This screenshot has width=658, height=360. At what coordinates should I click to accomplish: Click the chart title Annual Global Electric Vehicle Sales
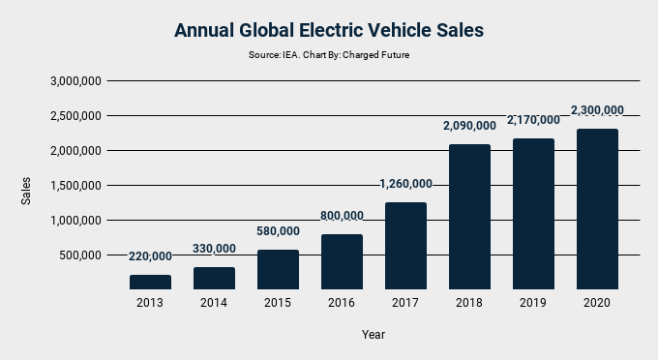(x=328, y=30)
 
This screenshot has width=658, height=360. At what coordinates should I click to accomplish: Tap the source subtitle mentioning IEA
(x=328, y=55)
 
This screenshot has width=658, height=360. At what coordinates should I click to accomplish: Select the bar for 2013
(x=150, y=282)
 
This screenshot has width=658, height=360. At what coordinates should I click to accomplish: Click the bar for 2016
(x=342, y=261)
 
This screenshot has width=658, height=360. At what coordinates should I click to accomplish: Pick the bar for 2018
(x=469, y=217)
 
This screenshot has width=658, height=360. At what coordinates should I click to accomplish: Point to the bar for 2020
(x=597, y=209)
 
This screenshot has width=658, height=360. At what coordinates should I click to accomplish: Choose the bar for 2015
(x=278, y=269)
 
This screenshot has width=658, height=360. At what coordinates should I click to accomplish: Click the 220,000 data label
(x=150, y=256)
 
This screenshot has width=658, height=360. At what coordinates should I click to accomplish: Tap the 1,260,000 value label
(x=405, y=184)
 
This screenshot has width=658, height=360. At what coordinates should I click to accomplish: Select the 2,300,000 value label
(x=597, y=110)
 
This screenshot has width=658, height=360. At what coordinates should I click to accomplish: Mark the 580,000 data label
(x=278, y=231)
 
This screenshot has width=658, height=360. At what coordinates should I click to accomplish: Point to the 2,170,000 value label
(x=533, y=120)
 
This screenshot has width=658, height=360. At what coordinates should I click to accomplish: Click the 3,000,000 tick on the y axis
(x=75, y=81)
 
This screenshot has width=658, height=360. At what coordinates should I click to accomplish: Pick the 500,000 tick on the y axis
(x=81, y=255)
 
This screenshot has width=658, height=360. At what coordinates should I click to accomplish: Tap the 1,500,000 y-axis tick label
(x=75, y=186)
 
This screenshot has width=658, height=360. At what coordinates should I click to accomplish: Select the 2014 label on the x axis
(x=214, y=303)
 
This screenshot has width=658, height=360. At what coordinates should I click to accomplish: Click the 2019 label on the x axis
(x=533, y=303)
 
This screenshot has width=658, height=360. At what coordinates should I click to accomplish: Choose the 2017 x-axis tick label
(x=405, y=303)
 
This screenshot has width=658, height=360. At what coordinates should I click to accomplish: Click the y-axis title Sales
(x=26, y=190)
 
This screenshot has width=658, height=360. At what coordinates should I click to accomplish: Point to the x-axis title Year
(x=374, y=334)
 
